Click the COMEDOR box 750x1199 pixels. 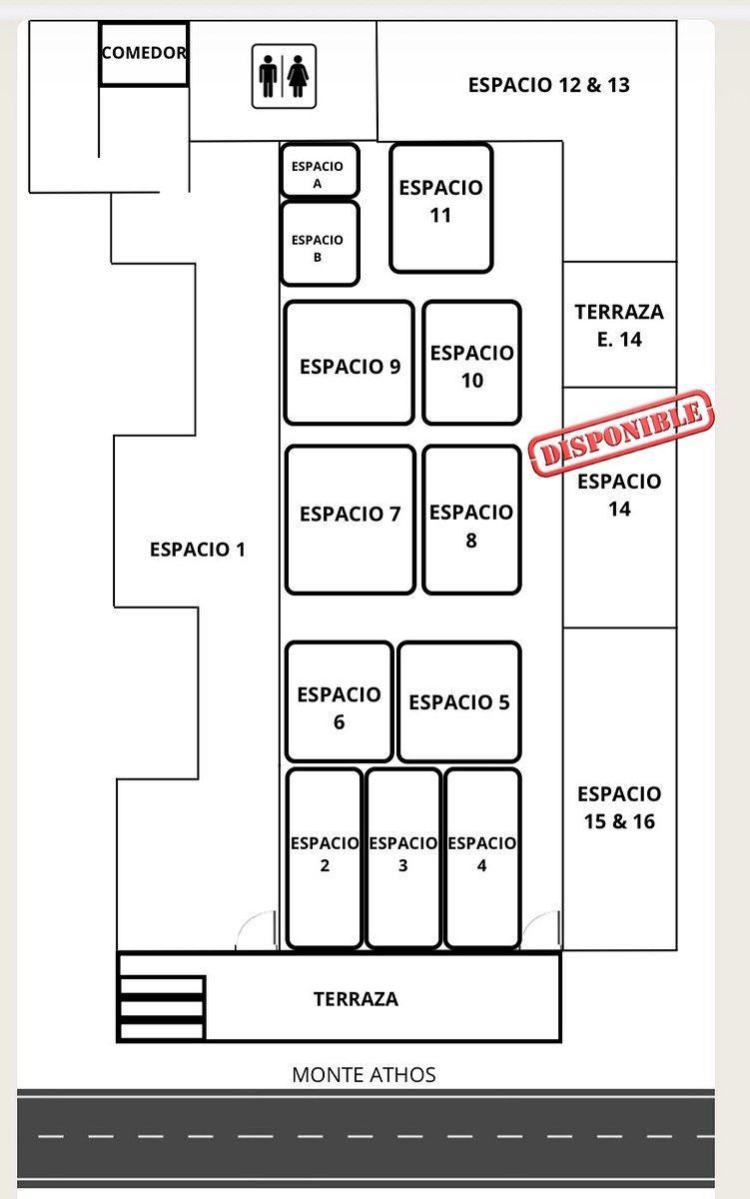[x=144, y=54]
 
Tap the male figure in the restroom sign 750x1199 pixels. [x=268, y=76]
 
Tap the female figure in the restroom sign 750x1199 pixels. [x=298, y=76]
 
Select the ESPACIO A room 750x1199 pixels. [x=320, y=171]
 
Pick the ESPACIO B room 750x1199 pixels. [x=320, y=244]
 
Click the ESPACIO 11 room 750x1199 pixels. [x=441, y=208]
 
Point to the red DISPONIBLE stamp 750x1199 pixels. [x=621, y=433]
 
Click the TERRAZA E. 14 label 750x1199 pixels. [x=619, y=326]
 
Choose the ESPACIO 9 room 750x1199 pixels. [x=350, y=363]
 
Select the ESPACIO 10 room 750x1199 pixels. [x=471, y=363]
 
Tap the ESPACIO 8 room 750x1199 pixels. [x=471, y=520]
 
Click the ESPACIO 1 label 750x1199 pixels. [x=198, y=550]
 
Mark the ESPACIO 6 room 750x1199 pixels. [x=340, y=701]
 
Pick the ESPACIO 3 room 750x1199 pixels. [x=403, y=858]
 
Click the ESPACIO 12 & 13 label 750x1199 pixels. [x=549, y=85]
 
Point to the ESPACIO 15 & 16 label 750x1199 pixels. [x=619, y=807]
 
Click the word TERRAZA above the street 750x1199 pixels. [x=356, y=999]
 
